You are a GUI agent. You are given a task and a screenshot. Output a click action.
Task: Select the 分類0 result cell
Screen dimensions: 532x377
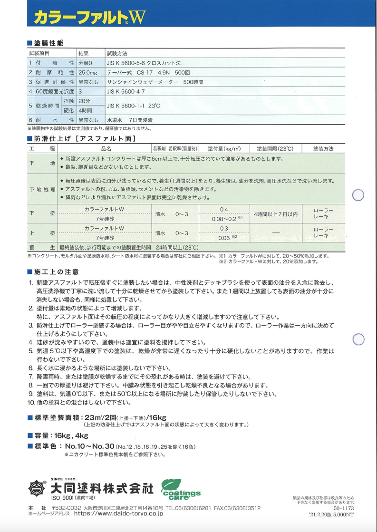[87, 63]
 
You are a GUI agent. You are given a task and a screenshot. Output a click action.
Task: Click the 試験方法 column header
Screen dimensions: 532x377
[117, 53]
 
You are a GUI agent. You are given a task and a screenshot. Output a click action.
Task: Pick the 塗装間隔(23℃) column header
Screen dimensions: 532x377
[275, 149]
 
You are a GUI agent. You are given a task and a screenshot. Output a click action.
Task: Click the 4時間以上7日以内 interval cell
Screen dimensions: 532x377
[275, 214]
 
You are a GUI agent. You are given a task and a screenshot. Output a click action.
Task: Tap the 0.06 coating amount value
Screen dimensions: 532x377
[224, 238]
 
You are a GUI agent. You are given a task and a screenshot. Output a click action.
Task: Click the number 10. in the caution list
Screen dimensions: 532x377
[31, 403]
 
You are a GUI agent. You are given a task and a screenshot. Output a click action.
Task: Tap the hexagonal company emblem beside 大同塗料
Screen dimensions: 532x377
[36, 488]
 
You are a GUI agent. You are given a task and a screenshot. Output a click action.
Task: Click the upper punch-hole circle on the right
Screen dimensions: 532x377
[358, 195]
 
